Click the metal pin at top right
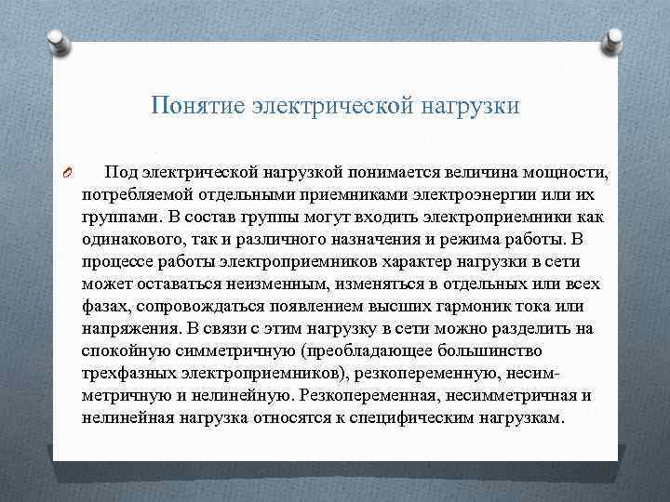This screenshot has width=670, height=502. pos(616,39)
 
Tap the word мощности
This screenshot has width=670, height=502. pos(551,173)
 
